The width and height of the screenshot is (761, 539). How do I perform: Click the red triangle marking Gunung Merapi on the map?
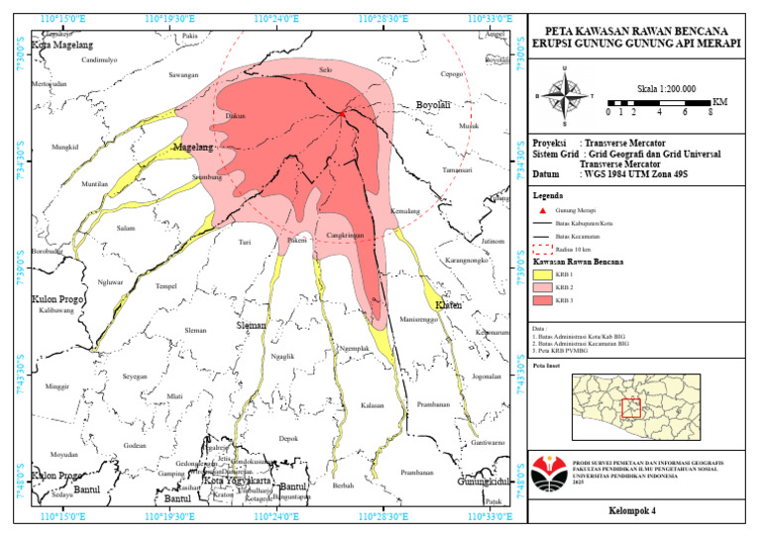click(x=343, y=114)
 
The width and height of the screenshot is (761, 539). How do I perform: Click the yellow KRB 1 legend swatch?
click(x=542, y=274)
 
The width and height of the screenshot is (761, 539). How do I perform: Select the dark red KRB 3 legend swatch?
click(x=542, y=300)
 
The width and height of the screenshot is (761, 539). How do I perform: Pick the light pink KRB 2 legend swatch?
click(x=542, y=287)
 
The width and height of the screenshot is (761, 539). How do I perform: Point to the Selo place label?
click(x=325, y=69)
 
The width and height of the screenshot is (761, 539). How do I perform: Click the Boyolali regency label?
click(x=433, y=104)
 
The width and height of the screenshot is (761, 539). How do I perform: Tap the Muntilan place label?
click(x=95, y=184)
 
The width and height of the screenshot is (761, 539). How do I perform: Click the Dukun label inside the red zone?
click(x=236, y=116)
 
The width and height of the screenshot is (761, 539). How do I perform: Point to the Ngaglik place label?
click(x=283, y=357)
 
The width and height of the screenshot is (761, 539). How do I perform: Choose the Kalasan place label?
click(x=373, y=406)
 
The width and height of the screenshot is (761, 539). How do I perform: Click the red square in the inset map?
click(x=631, y=407)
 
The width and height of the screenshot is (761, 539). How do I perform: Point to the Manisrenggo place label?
click(x=419, y=320)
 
